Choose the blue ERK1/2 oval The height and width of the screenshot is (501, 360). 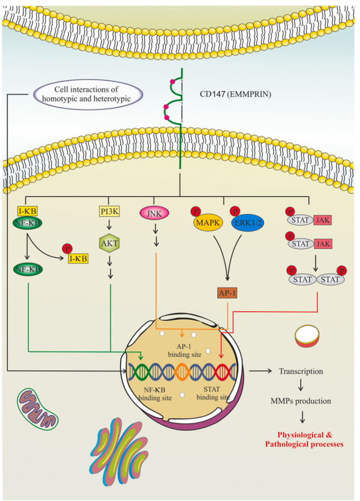click(x=244, y=222)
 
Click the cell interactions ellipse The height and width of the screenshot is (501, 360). click(x=88, y=94)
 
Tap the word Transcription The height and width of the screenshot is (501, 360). click(x=301, y=371)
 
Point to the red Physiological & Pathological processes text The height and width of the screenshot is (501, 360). click(x=305, y=439)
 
